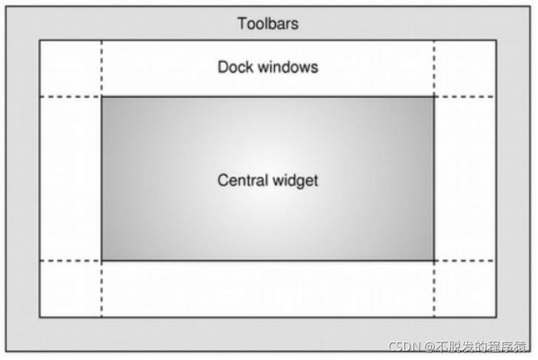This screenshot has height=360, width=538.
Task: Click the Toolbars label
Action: click(267, 24)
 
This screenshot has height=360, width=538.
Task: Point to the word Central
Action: click(242, 181)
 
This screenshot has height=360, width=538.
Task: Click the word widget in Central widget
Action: click(294, 181)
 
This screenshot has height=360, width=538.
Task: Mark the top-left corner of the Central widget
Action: click(102, 97)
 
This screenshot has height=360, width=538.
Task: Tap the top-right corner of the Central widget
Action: click(434, 97)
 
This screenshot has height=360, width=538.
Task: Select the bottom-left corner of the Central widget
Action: click(102, 261)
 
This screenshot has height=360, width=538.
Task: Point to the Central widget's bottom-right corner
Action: click(434, 261)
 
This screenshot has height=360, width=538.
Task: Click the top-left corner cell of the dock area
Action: click(70, 69)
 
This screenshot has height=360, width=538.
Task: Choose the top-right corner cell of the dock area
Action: click(465, 69)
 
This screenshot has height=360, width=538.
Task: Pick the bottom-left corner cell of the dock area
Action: click(70, 288)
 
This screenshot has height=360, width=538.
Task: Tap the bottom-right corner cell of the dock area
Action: click(465, 288)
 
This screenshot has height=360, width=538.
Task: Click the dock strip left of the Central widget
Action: click(70, 179)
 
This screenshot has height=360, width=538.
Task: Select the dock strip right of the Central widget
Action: click(465, 179)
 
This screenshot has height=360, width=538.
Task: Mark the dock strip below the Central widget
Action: click(267, 288)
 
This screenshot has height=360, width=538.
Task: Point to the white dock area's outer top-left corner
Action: click(40, 41)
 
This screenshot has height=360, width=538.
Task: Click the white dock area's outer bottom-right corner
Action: click(496, 316)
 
